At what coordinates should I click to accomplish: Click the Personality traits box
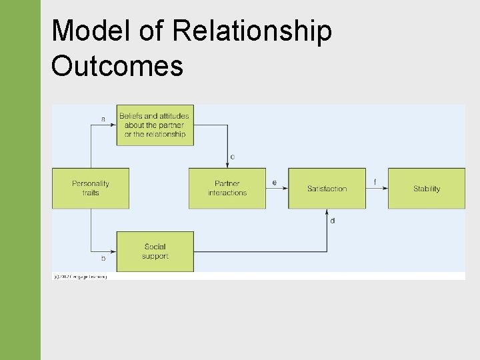[x=91, y=188]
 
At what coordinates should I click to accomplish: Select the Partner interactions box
[x=227, y=188]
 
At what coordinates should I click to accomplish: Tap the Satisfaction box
[x=327, y=189]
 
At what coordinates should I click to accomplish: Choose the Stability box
[x=427, y=189]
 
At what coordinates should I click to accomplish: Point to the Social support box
[x=155, y=251]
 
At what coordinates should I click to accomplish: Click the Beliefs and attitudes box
[x=155, y=125]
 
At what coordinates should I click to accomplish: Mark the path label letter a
[x=103, y=119]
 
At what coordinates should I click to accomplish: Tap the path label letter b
[x=103, y=257]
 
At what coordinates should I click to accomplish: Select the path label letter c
[x=232, y=157]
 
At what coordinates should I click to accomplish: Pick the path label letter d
[x=333, y=221]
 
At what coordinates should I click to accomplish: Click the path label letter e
[x=275, y=182]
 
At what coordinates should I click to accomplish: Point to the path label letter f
[x=375, y=181]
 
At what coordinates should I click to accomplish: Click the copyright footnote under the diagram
[x=80, y=276]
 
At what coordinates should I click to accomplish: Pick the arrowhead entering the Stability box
[x=385, y=189]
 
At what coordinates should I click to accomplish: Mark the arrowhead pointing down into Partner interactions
[x=227, y=165]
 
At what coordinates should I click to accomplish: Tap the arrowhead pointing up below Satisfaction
[x=327, y=213]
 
